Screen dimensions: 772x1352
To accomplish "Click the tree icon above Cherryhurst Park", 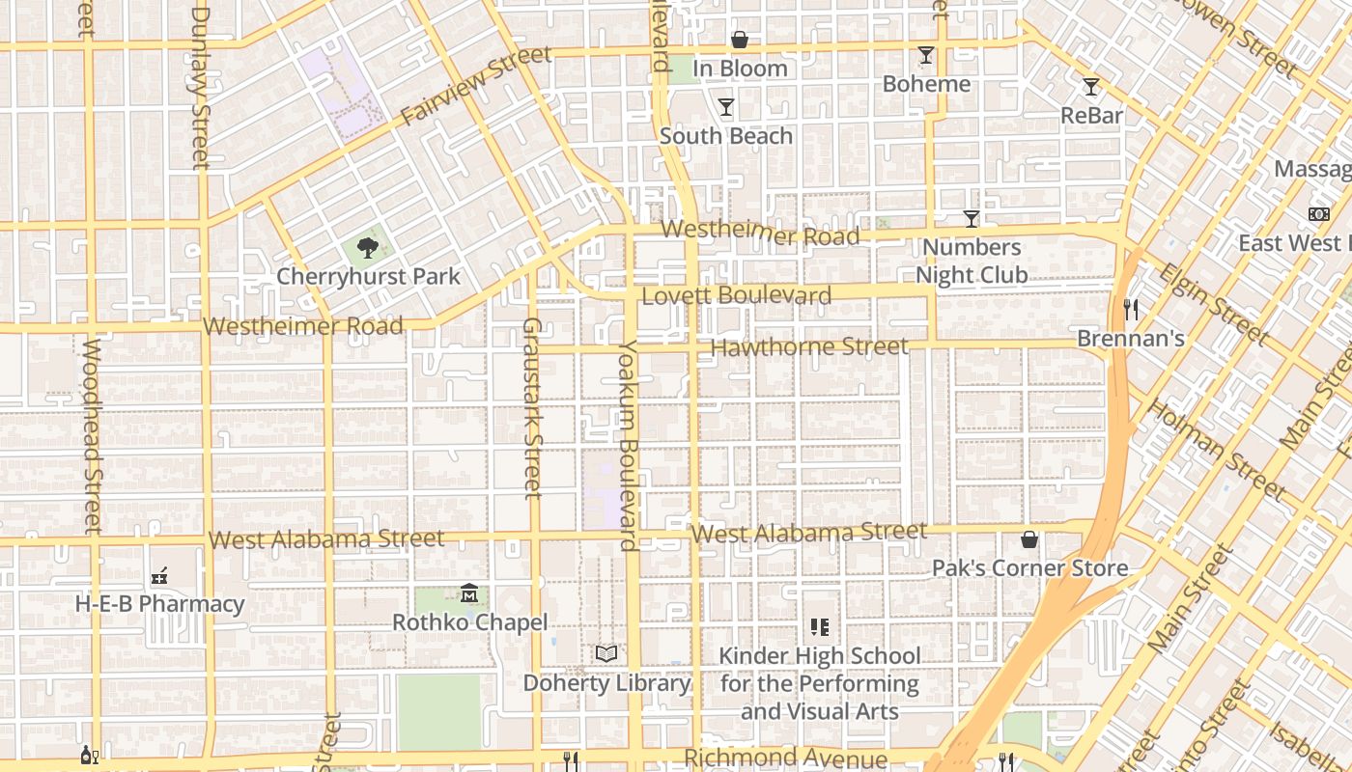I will (367, 248).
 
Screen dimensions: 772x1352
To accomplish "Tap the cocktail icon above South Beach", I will (726, 107).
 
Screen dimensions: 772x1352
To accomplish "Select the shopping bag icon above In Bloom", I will (740, 40).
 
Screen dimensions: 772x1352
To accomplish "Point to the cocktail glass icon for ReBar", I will (1091, 87).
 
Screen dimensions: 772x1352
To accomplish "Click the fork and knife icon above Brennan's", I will (1131, 310).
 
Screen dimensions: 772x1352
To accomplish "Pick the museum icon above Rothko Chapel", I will (469, 593).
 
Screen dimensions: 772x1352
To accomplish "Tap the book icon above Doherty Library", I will (606, 653).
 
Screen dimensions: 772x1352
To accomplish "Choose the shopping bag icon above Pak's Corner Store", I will (1029, 538).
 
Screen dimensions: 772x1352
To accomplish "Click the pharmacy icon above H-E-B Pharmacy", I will (159, 576).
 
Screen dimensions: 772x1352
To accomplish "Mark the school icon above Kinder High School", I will (820, 627).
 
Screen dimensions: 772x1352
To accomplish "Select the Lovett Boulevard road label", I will (736, 295).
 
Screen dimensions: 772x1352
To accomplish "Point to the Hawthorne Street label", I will (809, 346).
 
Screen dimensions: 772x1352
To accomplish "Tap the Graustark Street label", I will (532, 408).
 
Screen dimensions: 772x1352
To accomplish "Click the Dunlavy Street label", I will (200, 87).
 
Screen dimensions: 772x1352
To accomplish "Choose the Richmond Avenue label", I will (785, 758).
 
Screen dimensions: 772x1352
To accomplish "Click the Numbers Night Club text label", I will (972, 262).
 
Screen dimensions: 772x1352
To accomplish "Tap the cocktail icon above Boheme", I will (926, 55).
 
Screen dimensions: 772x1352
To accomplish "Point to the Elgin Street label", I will (1213, 304).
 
